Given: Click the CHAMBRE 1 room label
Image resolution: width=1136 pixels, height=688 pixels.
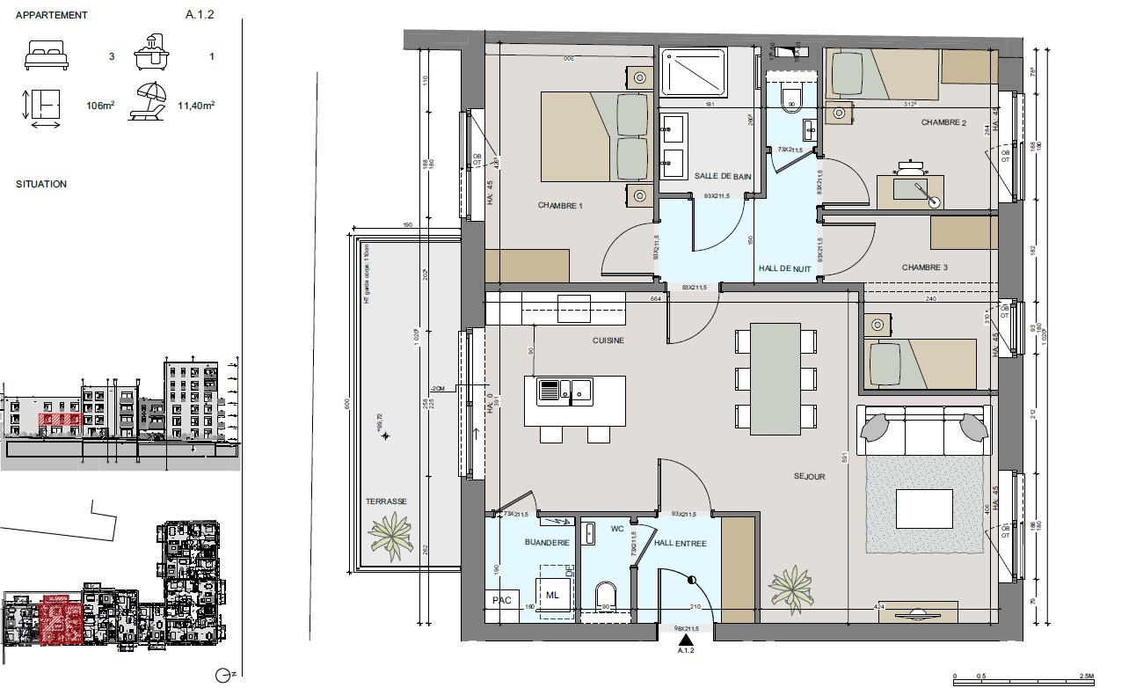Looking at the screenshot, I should [561, 206].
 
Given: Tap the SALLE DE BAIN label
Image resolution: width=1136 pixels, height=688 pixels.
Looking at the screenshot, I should [723, 177].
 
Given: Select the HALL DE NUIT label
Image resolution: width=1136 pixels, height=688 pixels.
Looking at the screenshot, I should [784, 269].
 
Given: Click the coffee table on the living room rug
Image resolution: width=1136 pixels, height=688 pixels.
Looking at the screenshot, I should [923, 509].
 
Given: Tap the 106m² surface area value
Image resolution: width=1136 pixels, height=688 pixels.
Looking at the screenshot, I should [101, 106].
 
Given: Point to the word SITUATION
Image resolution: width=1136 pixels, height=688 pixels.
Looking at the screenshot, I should [41, 185].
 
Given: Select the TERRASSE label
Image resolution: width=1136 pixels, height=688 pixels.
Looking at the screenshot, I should [386, 501].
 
